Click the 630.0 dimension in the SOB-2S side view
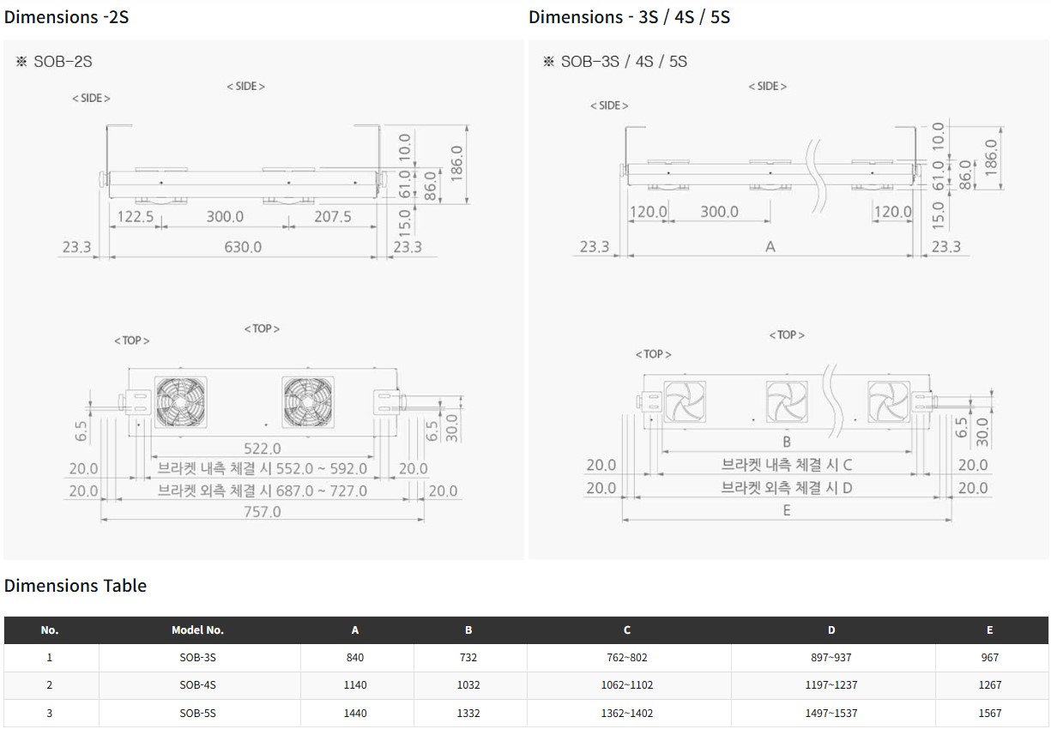coord(243,247)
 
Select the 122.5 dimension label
coord(136,217)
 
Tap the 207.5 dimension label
coord(333,217)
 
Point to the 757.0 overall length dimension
coord(263,511)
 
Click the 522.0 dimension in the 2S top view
coord(263,449)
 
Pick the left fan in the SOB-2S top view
coord(181,402)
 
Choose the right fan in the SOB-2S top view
coord(308,402)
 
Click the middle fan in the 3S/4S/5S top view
coord(787,401)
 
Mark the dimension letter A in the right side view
coord(770,247)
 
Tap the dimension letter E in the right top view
coord(787,510)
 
